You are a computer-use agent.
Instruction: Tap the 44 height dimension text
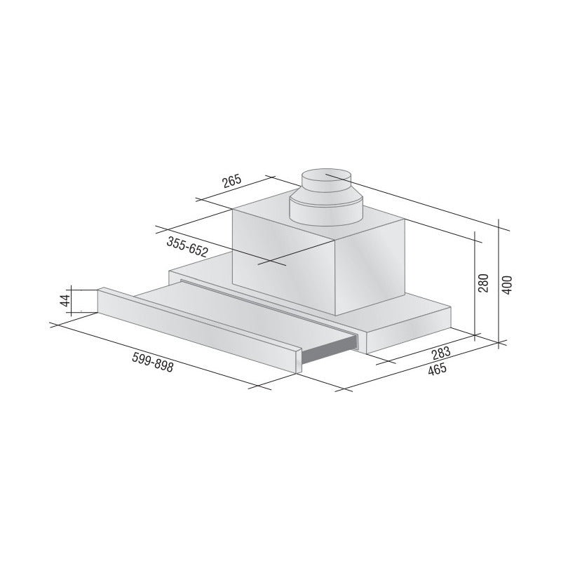[65, 299]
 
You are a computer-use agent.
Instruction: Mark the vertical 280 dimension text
[482, 283]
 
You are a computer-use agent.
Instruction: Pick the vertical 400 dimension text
[508, 283]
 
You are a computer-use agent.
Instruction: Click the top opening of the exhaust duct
[325, 175]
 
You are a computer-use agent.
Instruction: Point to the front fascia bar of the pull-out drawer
[196, 330]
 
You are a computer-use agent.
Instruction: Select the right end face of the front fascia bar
[299, 362]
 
